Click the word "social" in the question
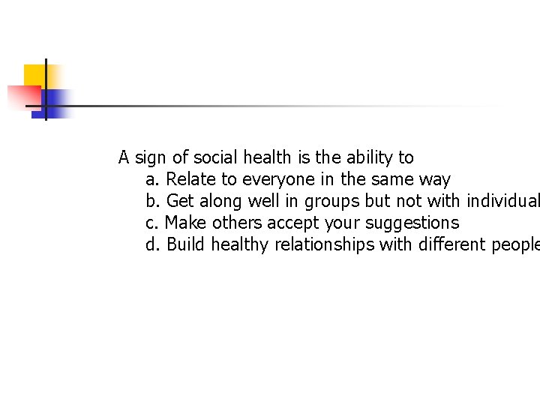coord(215,157)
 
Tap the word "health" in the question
coord(266,157)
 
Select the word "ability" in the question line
coord(370,157)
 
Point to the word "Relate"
coord(190,179)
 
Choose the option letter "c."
coord(152,223)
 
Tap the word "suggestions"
coord(412,223)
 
